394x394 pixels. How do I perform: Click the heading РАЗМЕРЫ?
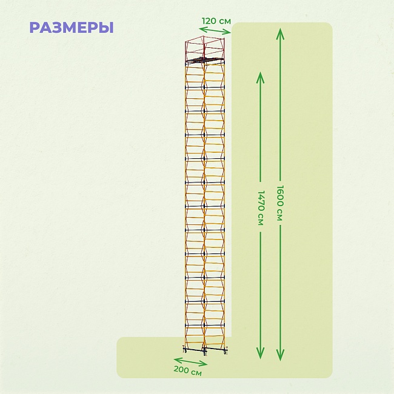tap(72, 28)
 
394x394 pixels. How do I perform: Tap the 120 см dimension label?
tap(216, 21)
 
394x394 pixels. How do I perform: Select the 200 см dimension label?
tap(188, 370)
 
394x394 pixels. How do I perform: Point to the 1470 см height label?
tap(261, 207)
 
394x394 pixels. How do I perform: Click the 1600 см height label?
tap(280, 203)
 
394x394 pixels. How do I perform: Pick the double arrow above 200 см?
tap(190, 361)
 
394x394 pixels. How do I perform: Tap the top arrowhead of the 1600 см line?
tap(280, 33)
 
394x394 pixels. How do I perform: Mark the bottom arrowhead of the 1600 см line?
tap(280, 355)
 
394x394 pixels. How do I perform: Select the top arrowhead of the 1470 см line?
tap(260, 78)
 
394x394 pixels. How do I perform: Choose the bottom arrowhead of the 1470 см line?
tap(260, 353)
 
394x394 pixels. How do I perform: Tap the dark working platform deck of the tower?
tap(205, 60)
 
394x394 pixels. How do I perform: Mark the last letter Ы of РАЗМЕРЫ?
tap(107, 28)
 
